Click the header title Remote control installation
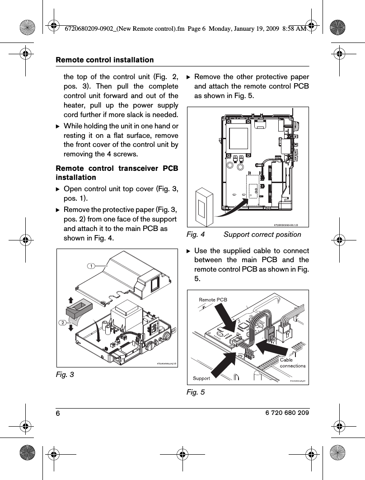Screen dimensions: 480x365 pyautogui.click(x=104, y=60)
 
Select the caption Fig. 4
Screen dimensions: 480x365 pyautogui.click(x=196, y=234)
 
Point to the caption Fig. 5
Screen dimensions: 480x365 pyautogui.click(x=196, y=392)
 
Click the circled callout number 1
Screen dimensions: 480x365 pyautogui.click(x=92, y=266)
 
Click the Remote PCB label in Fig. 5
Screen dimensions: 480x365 pyautogui.click(x=213, y=300)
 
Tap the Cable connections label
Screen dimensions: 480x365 pyautogui.click(x=292, y=362)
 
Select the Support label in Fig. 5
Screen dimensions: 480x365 pyautogui.click(x=201, y=378)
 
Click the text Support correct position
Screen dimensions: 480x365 pyautogui.click(x=262, y=234)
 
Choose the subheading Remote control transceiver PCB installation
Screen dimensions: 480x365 pyautogui.click(x=117, y=173)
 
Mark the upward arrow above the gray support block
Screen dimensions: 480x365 pyautogui.click(x=70, y=299)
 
